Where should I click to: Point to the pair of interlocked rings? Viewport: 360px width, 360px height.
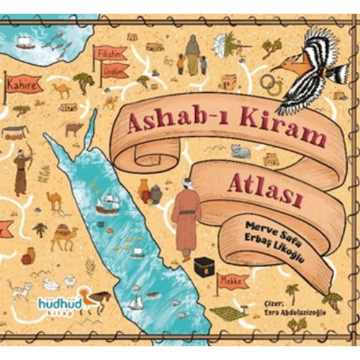tap(272, 86)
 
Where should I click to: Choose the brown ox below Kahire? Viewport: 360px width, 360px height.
tap(73, 129)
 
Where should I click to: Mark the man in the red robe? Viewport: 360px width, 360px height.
tap(186, 218)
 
